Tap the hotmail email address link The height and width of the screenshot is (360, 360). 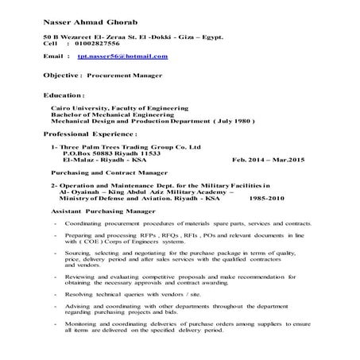point(122,58)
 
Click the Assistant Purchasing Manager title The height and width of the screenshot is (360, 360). point(99,211)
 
